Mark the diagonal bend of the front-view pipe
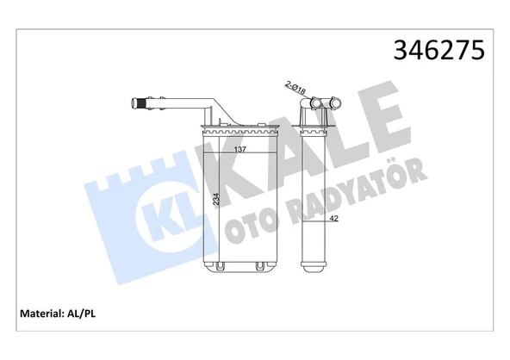(221, 114)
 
